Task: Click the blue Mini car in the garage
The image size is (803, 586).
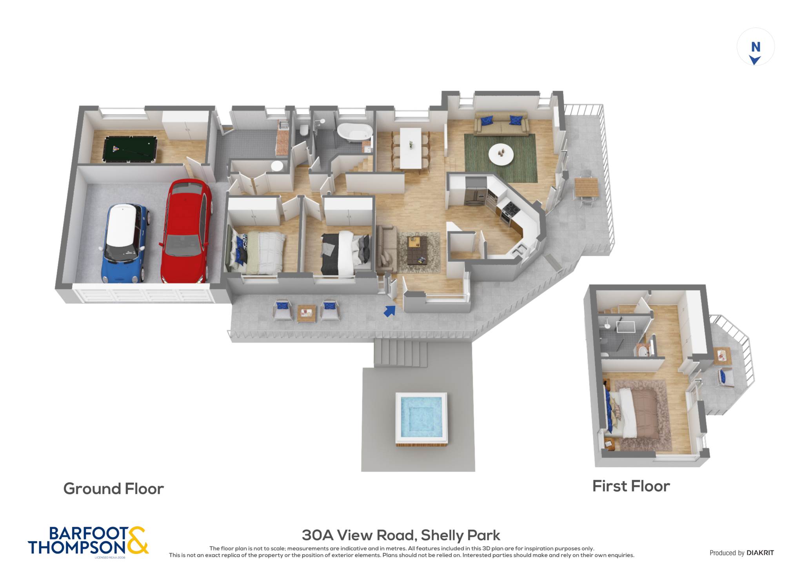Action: pos(124,243)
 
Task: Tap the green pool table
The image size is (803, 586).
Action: pos(130,149)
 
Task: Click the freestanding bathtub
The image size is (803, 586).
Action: pos(355,131)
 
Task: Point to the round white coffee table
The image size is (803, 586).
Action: pos(501,154)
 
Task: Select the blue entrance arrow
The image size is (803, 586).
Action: pos(389,311)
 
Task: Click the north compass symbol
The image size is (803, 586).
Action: pos(756,53)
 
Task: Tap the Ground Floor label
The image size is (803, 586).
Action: pos(114,489)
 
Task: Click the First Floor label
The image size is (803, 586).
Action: pos(631,486)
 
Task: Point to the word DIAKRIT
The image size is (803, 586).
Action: pos(760,553)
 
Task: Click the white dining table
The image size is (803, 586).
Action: pos(411,148)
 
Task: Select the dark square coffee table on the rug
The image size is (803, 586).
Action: pos(417,250)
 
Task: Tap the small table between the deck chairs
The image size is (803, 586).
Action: pos(306,313)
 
